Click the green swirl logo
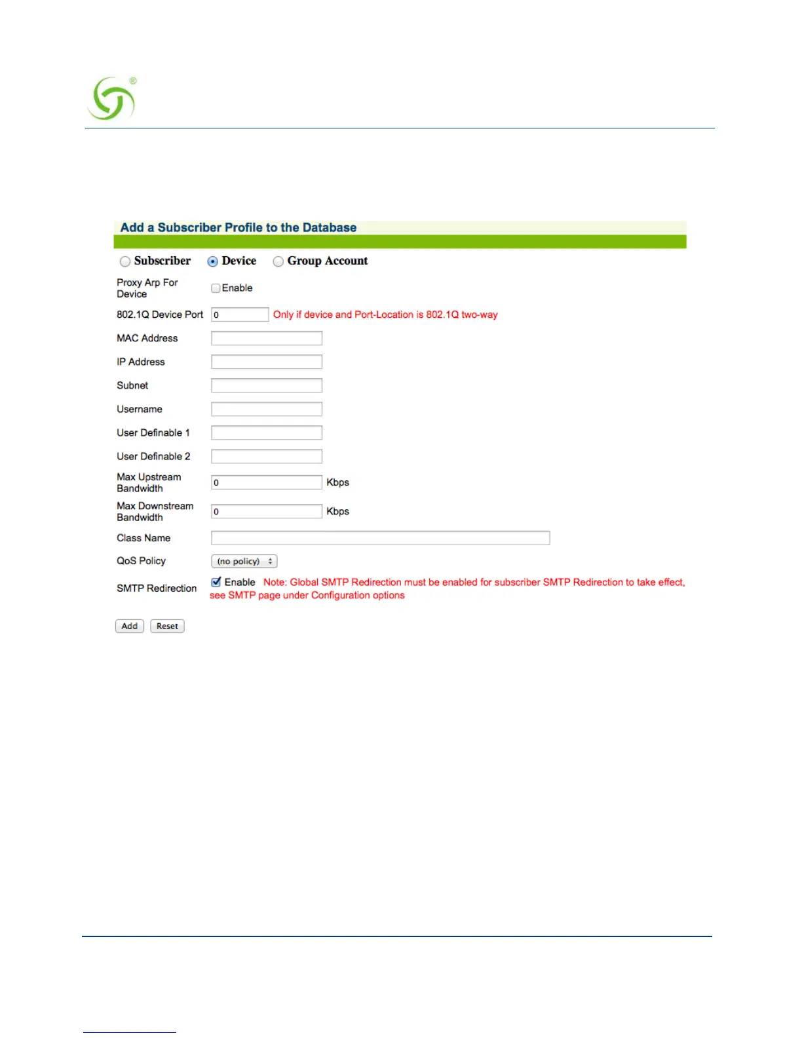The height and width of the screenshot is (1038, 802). click(112, 99)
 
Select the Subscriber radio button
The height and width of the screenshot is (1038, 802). click(125, 261)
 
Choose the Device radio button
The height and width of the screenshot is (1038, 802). click(213, 261)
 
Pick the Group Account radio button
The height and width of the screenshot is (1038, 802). click(278, 261)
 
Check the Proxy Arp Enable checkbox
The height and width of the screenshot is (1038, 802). click(216, 288)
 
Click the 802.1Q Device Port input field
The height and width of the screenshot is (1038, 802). click(240, 315)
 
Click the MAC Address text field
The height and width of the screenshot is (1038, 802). click(267, 338)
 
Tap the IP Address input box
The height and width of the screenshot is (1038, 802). click(267, 362)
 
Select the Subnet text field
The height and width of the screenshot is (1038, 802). click(267, 385)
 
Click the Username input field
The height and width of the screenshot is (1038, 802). click(267, 409)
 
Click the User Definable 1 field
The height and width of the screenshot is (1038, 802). click(267, 432)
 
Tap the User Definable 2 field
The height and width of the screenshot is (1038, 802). click(267, 456)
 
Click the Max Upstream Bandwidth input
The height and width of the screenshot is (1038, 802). click(267, 482)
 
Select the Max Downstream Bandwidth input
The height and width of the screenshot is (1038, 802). click(267, 511)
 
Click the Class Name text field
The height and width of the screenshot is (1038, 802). click(380, 538)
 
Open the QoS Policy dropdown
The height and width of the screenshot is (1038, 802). click(244, 562)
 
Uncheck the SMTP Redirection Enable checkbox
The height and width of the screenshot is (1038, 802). click(216, 582)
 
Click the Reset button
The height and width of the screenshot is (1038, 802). click(167, 626)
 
